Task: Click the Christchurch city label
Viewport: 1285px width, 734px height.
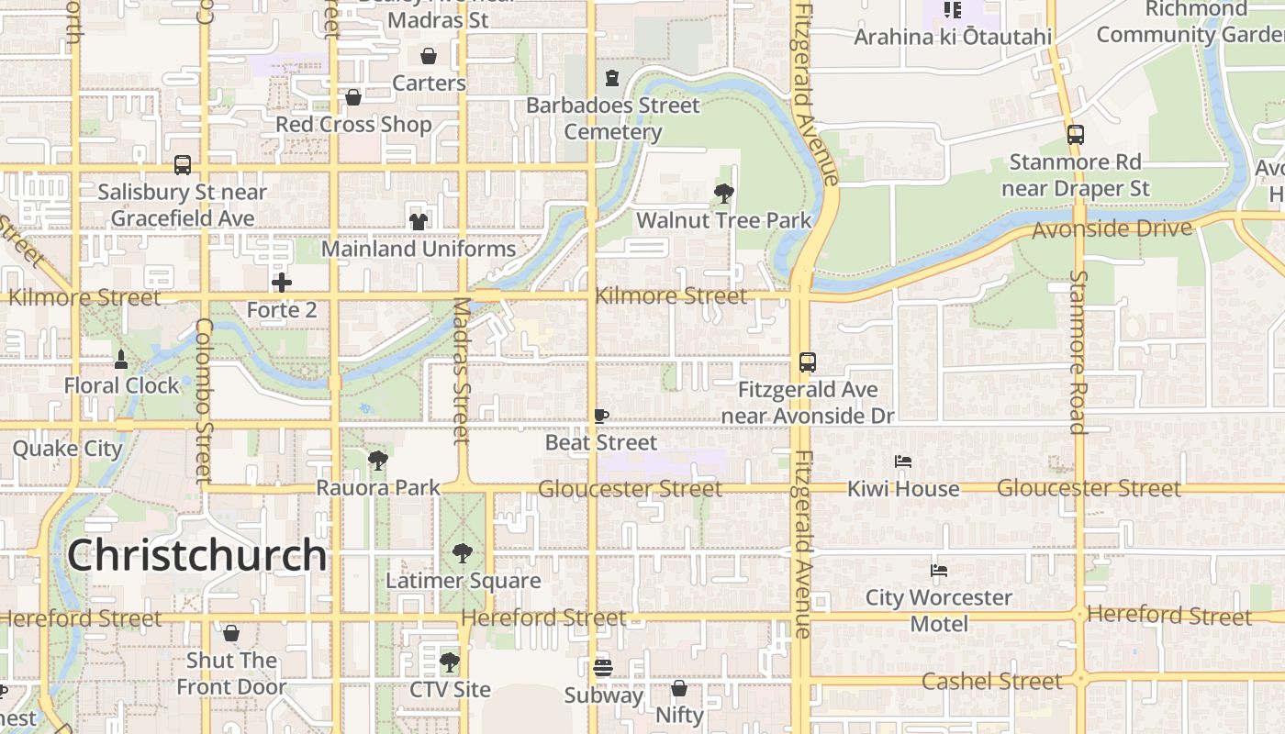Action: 196,555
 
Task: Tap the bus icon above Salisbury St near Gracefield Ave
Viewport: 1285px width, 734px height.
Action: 183,165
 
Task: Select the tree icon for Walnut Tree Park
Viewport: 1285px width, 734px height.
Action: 724,193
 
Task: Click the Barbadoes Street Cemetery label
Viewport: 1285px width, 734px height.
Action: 613,118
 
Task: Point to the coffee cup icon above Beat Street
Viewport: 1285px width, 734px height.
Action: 601,416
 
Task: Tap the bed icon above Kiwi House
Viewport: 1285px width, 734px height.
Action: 903,462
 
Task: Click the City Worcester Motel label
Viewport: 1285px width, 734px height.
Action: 938,610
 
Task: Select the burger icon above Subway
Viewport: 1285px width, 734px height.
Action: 602,667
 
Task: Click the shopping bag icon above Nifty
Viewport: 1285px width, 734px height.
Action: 679,687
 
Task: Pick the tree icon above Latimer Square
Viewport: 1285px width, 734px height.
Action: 463,553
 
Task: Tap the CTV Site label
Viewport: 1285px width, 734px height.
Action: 450,689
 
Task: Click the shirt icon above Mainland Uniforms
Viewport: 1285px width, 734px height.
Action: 419,221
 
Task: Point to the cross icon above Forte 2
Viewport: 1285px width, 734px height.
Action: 282,283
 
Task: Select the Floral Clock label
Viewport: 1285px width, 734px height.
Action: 121,385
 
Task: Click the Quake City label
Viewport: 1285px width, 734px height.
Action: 67,449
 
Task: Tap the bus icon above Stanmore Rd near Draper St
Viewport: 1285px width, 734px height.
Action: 1076,135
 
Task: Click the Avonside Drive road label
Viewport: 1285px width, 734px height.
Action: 1112,228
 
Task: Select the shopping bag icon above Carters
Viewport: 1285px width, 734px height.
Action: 429,56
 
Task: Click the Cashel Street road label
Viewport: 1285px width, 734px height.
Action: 991,681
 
